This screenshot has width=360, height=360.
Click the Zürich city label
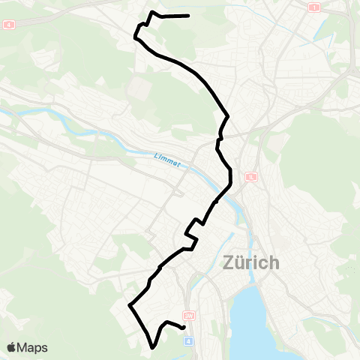[x=251, y=264]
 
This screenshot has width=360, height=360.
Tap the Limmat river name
[x=167, y=160]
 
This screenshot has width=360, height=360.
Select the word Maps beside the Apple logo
[x=32, y=347]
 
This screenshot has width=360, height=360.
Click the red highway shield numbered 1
[x=313, y=7]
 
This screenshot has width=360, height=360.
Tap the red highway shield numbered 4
[x=9, y=24]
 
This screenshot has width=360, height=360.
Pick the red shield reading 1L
[x=251, y=177]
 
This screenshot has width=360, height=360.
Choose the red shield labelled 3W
[x=189, y=316]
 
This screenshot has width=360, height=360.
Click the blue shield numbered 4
[x=189, y=340]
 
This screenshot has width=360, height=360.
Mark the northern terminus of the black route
[x=187, y=15]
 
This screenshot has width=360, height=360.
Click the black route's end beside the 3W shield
[x=184, y=327]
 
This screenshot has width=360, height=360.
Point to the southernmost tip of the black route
[x=153, y=347]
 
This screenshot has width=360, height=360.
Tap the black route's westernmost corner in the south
[x=130, y=306]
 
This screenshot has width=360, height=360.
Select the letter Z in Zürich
[x=230, y=264]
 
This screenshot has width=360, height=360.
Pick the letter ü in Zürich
[x=242, y=264]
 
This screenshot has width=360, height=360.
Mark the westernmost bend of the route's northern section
[x=135, y=35]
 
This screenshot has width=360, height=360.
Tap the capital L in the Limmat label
[x=155, y=155]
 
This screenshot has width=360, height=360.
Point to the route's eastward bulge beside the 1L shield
[x=231, y=177]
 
